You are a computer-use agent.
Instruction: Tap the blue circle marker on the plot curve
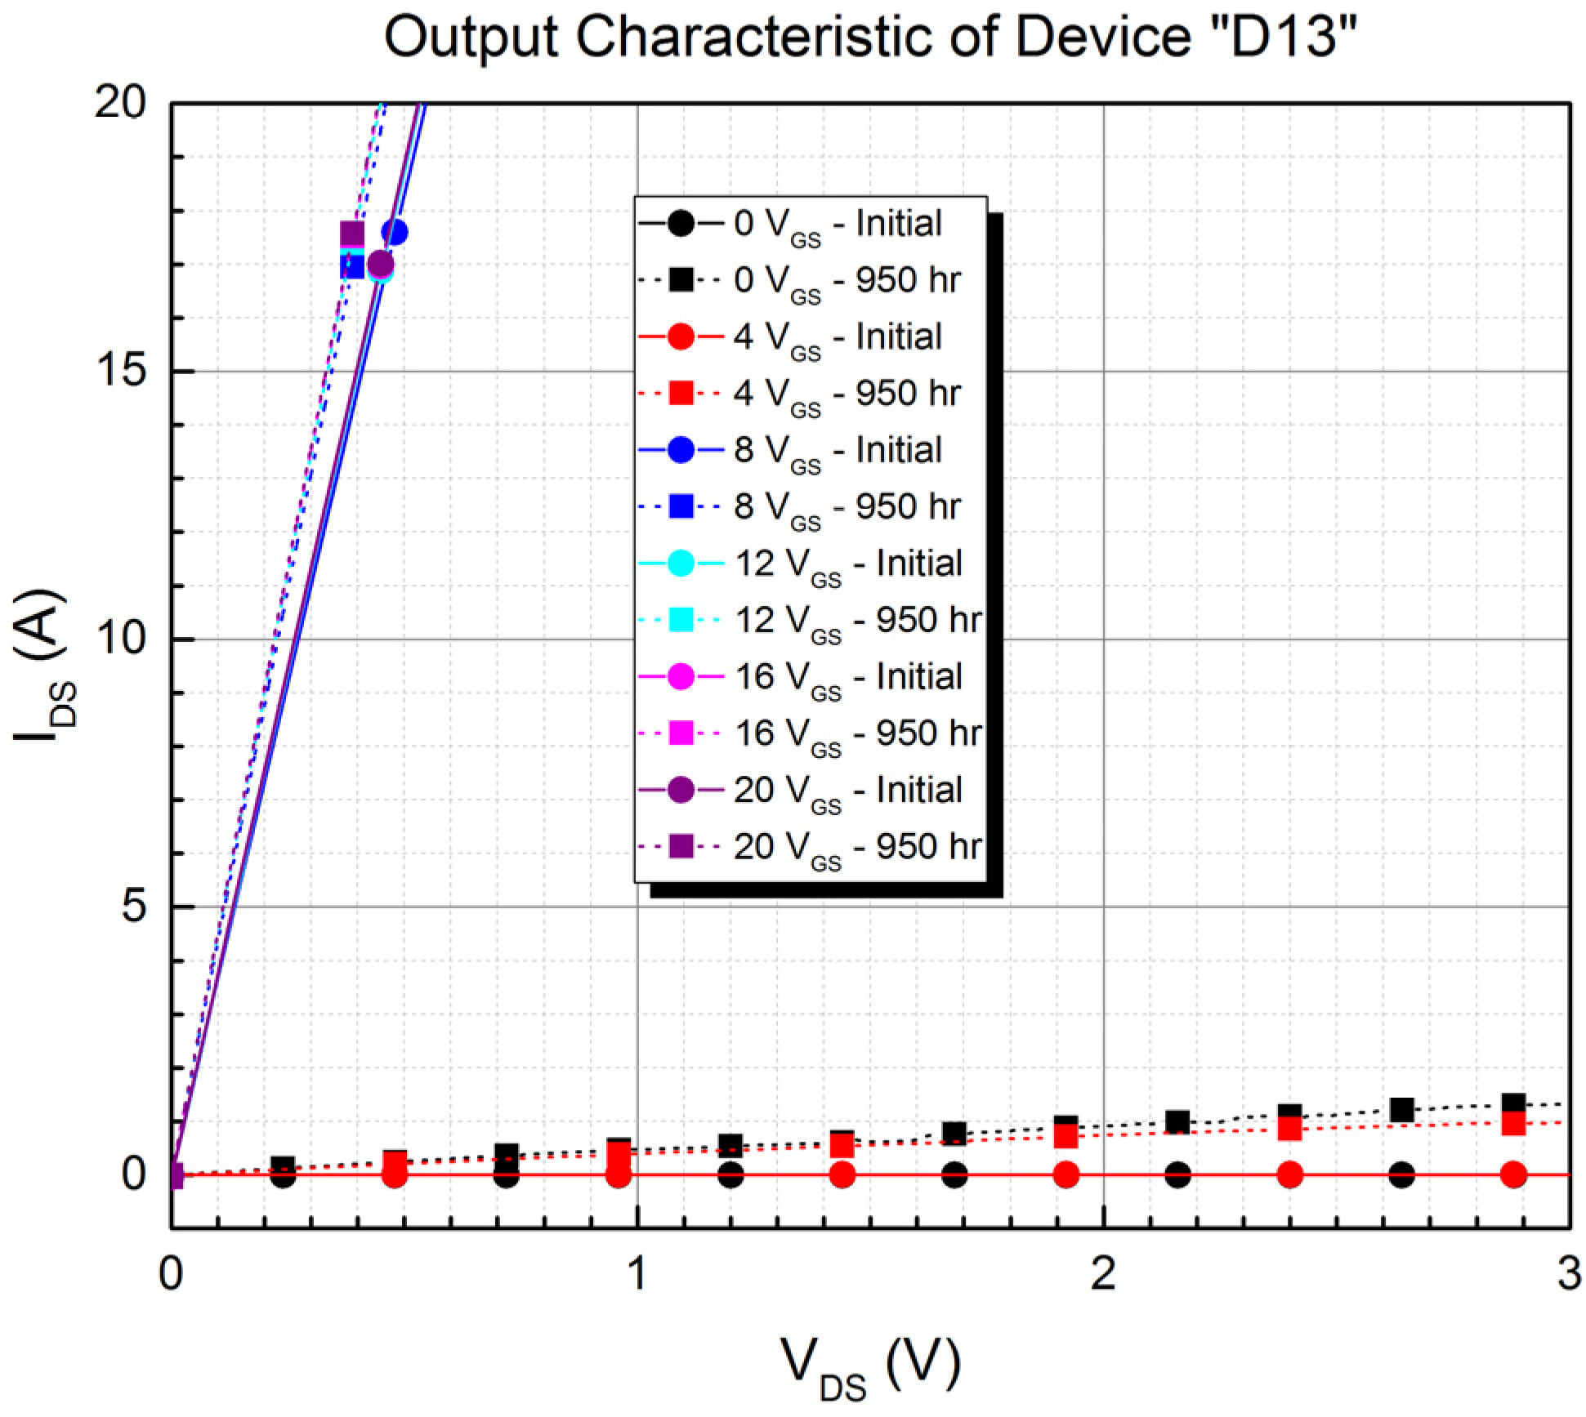(x=395, y=233)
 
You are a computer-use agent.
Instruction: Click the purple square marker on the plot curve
(x=351, y=234)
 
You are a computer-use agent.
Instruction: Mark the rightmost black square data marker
(x=1513, y=1104)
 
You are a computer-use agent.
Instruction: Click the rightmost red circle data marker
(x=1513, y=1175)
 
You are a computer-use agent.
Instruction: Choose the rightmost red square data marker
(x=1513, y=1124)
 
